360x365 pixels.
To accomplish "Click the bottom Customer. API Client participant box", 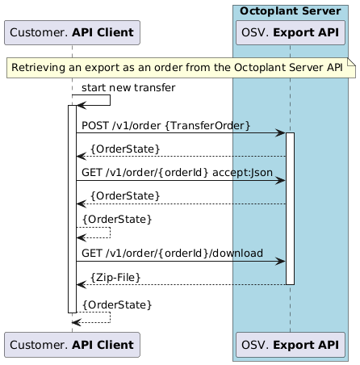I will click(x=73, y=344).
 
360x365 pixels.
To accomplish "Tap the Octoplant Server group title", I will click(x=290, y=10).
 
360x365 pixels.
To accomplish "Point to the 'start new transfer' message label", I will click(x=116, y=87).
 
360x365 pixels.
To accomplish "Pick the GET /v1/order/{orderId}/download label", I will click(x=171, y=253).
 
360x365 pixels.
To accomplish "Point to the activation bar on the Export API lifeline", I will click(x=290, y=208).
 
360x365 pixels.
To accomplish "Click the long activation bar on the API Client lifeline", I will click(x=72, y=208).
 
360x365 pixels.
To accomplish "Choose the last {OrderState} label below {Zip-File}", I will click(x=116, y=304).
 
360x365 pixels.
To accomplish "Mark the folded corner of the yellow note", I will click(x=351, y=61).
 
